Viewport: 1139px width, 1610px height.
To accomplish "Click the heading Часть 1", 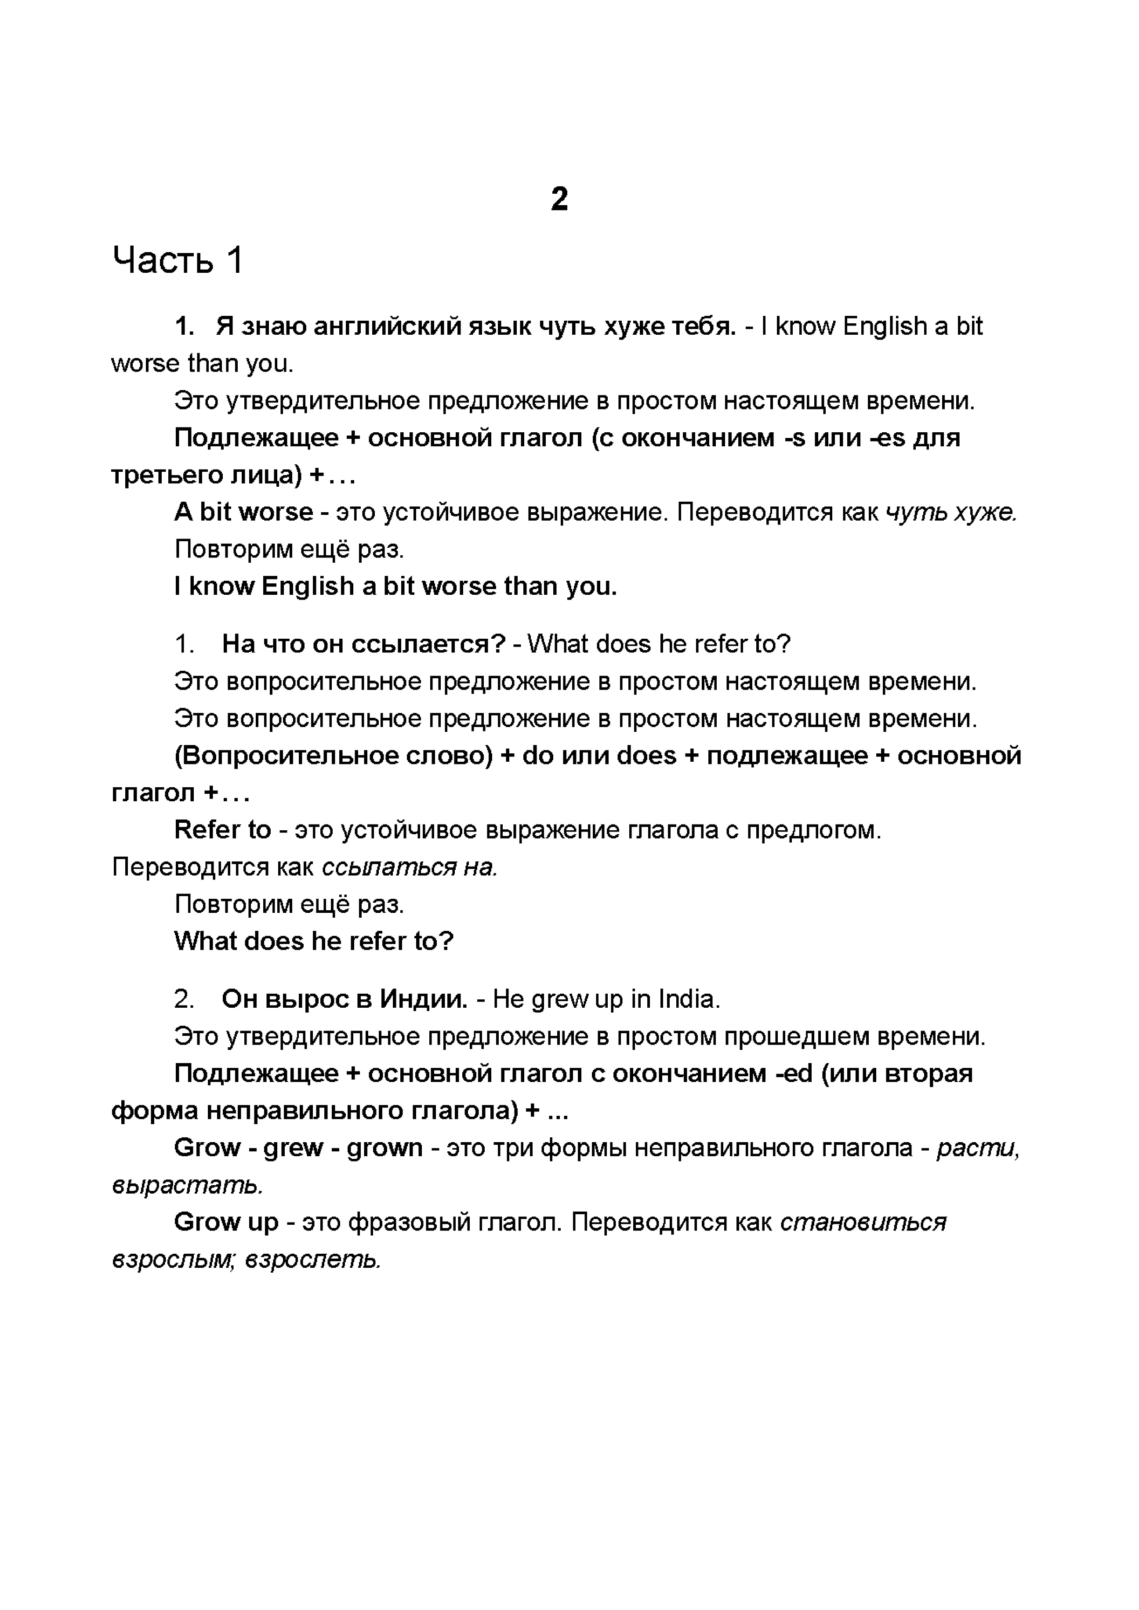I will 178,260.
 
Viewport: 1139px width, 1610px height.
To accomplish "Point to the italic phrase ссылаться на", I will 410,868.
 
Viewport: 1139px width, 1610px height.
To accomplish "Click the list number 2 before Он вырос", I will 184,999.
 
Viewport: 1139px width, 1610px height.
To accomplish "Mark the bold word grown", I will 385,1147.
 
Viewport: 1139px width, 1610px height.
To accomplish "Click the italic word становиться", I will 863,1222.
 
